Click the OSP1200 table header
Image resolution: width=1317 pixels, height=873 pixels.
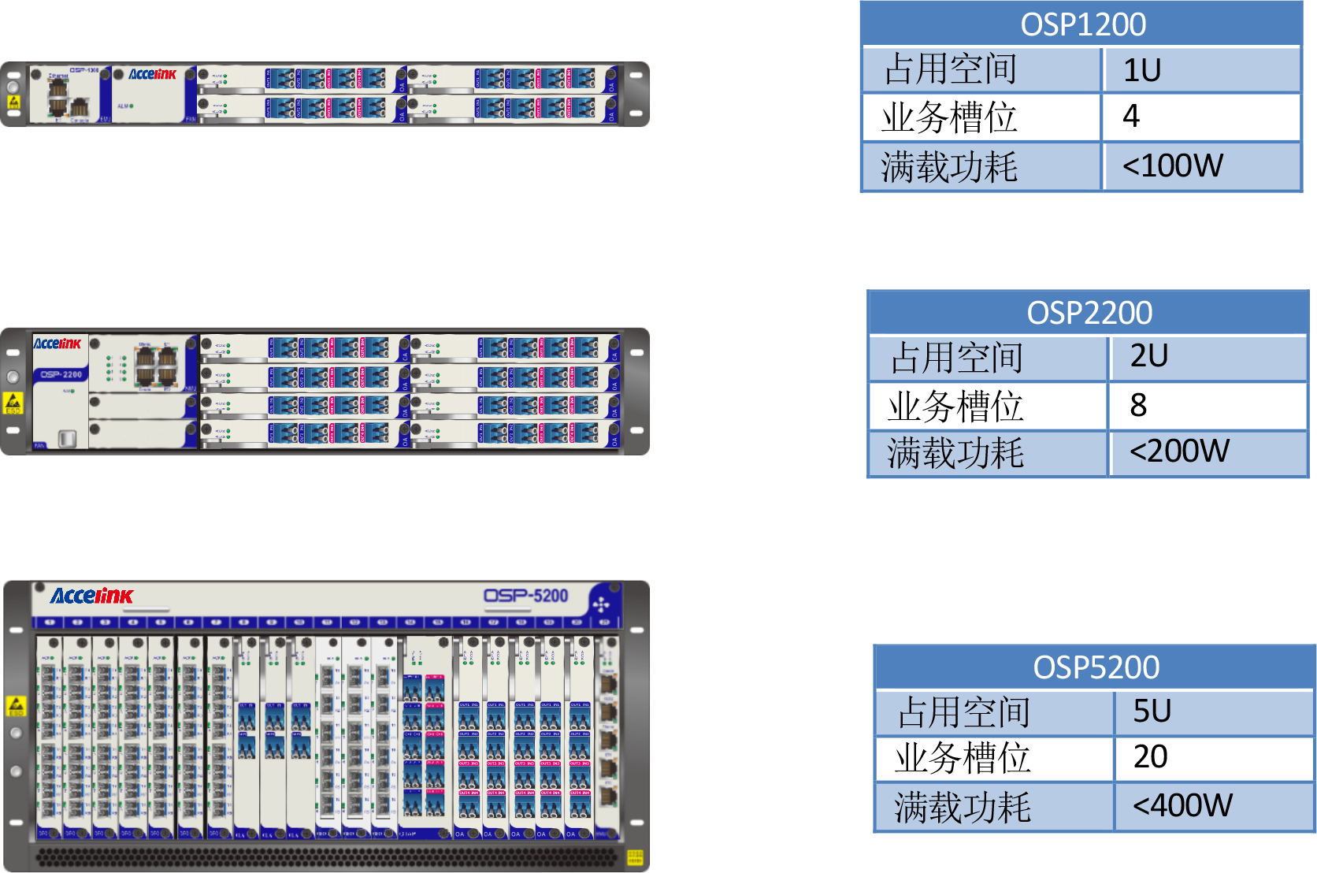click(1082, 24)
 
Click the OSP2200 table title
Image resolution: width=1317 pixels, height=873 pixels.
click(1089, 313)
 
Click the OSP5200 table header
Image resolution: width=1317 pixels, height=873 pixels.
click(1096, 667)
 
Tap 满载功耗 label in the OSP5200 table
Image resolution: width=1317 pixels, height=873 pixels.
click(963, 808)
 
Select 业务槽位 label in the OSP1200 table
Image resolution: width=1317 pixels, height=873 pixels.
click(949, 118)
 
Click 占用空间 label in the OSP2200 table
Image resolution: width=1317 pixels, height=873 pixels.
click(956, 358)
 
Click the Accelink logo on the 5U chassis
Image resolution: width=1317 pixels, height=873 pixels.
click(91, 596)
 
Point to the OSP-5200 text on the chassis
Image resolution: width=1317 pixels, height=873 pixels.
click(525, 596)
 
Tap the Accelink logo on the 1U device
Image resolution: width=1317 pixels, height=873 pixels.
click(152, 74)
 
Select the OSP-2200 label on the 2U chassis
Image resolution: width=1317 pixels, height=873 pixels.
click(61, 374)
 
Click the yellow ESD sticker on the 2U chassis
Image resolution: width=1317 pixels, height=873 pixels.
click(13, 403)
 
